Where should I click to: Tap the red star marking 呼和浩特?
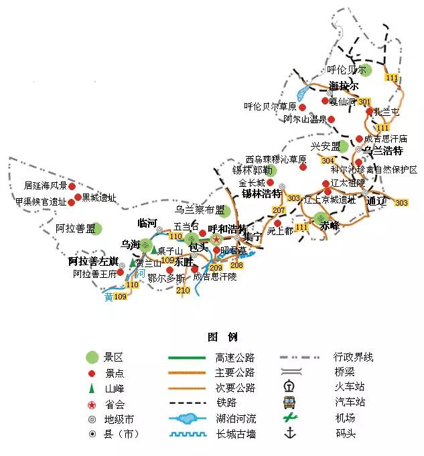pyautogui.click(x=216, y=239)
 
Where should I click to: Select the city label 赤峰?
pyautogui.click(x=330, y=226)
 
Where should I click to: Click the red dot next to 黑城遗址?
pyautogui.click(x=78, y=198)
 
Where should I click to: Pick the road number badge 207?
pyautogui.click(x=279, y=211)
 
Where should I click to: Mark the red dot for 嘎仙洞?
pyautogui.click(x=326, y=101)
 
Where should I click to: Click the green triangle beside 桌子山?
pyautogui.click(x=153, y=250)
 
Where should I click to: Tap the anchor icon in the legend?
pyautogui.click(x=290, y=433)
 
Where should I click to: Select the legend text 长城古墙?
pyautogui.click(x=236, y=434)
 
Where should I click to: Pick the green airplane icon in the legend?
pyautogui.click(x=290, y=417)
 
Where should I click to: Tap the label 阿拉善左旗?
pyautogui.click(x=94, y=261)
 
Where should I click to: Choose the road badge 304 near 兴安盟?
pyautogui.click(x=328, y=161)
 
